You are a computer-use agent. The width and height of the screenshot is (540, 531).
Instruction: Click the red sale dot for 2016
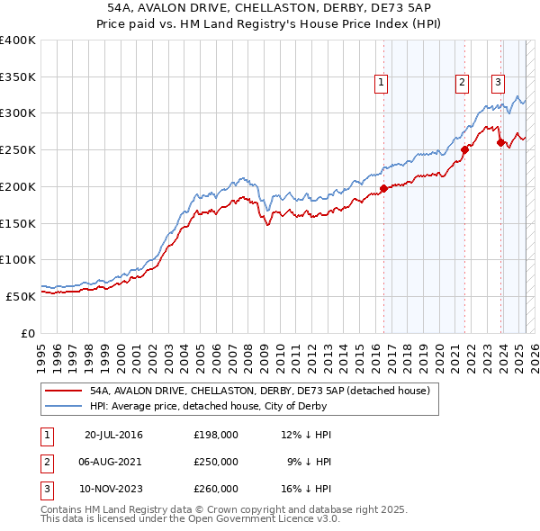[x=383, y=188]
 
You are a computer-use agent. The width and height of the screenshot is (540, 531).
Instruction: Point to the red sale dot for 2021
[x=465, y=150]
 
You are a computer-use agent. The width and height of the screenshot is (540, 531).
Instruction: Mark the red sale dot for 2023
[x=501, y=143]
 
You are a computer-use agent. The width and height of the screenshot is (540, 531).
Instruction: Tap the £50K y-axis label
[x=21, y=296]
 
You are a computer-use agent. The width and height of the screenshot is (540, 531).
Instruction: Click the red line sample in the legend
[x=63, y=391]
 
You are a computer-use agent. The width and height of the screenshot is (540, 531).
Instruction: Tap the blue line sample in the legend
[x=63, y=406]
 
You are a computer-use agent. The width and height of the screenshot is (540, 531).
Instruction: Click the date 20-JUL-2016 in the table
[x=112, y=435]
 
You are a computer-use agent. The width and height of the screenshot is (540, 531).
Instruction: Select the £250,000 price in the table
[x=216, y=462]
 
